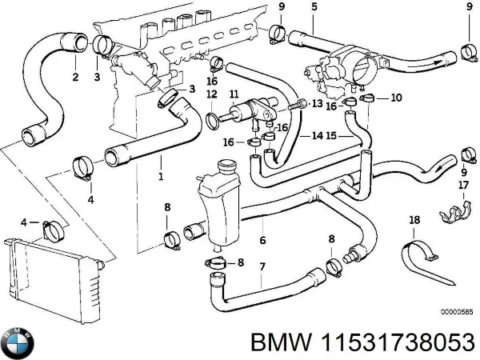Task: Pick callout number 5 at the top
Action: pyautogui.click(x=314, y=7)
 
